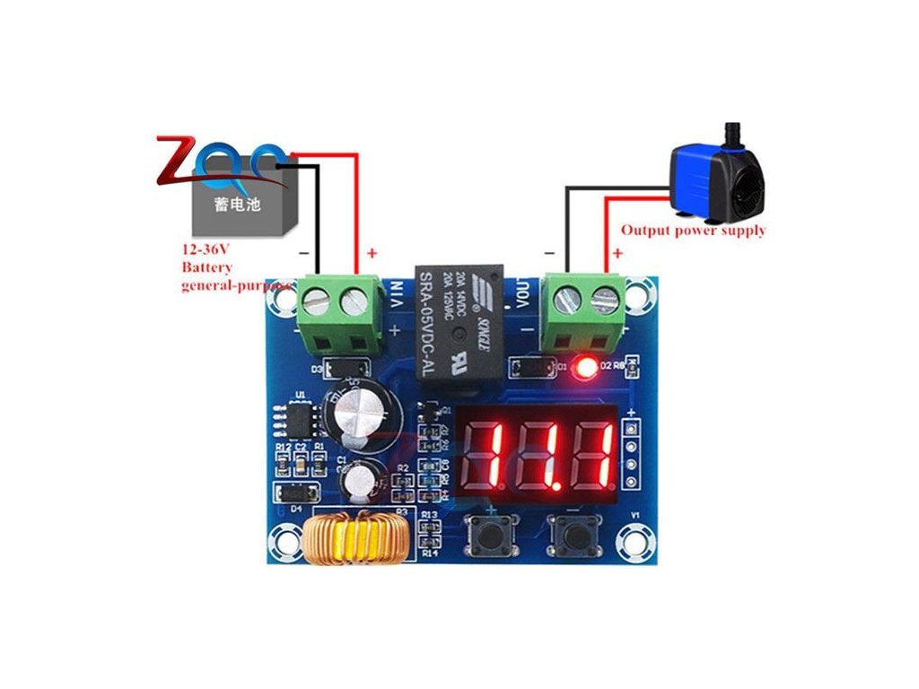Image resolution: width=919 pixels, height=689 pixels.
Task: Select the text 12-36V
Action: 206,250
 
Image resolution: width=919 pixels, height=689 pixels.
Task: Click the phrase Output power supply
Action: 694,231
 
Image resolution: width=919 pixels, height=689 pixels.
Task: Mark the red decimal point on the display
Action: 565,477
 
